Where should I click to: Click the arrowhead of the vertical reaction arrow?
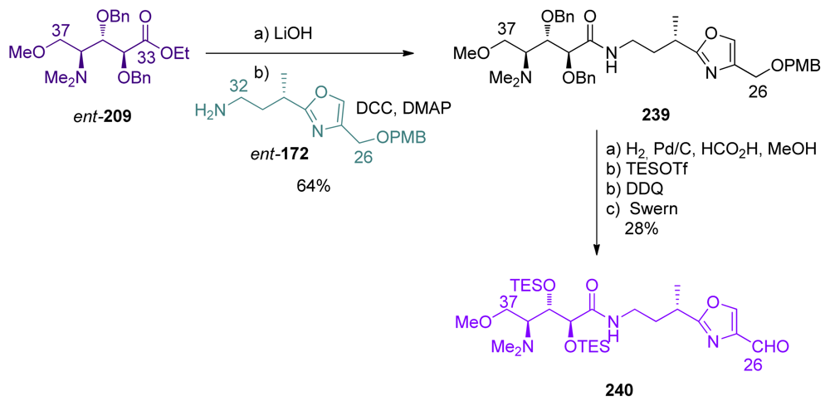click(599, 247)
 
